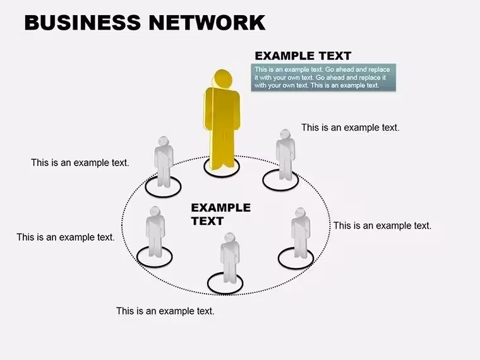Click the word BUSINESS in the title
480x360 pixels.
tap(82, 22)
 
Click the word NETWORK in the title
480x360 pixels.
tap(207, 22)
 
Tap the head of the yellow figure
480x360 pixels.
tap(222, 79)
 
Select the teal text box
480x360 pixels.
tap(323, 78)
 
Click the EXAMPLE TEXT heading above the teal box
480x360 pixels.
tap(303, 56)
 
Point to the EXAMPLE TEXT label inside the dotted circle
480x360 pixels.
tap(220, 214)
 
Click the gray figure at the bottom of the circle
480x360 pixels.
tap(230, 258)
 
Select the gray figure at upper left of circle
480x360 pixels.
tap(164, 161)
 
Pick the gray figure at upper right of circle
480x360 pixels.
tap(285, 154)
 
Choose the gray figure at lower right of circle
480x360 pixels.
tap(300, 233)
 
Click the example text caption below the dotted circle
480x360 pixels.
tap(165, 311)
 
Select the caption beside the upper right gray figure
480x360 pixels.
tap(350, 128)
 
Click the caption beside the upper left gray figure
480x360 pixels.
tap(80, 162)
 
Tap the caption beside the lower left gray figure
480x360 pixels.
tap(66, 237)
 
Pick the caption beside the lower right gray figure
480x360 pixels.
tap(382, 225)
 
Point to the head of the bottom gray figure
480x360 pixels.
tap(230, 238)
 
